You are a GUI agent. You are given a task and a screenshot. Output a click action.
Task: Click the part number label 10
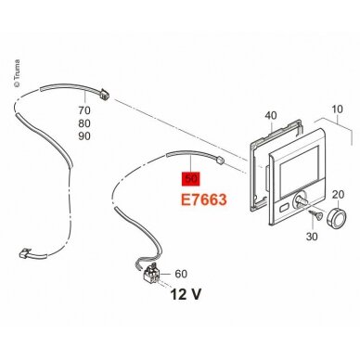tap(337, 109)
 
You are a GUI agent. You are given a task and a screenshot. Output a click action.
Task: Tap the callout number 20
tap(338, 195)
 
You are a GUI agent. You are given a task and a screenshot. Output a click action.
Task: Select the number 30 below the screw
tap(312, 237)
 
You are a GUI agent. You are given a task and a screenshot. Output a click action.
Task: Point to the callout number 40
tap(271, 116)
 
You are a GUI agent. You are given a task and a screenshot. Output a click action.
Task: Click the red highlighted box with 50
tap(191, 179)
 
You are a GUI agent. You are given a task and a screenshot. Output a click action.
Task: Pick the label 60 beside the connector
tap(181, 274)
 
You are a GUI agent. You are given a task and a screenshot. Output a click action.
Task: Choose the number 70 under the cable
tap(84, 110)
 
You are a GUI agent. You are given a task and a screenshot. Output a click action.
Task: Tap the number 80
tap(84, 123)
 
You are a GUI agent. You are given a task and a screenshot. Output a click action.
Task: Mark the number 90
tap(84, 136)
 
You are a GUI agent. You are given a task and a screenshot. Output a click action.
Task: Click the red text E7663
tap(204, 199)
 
